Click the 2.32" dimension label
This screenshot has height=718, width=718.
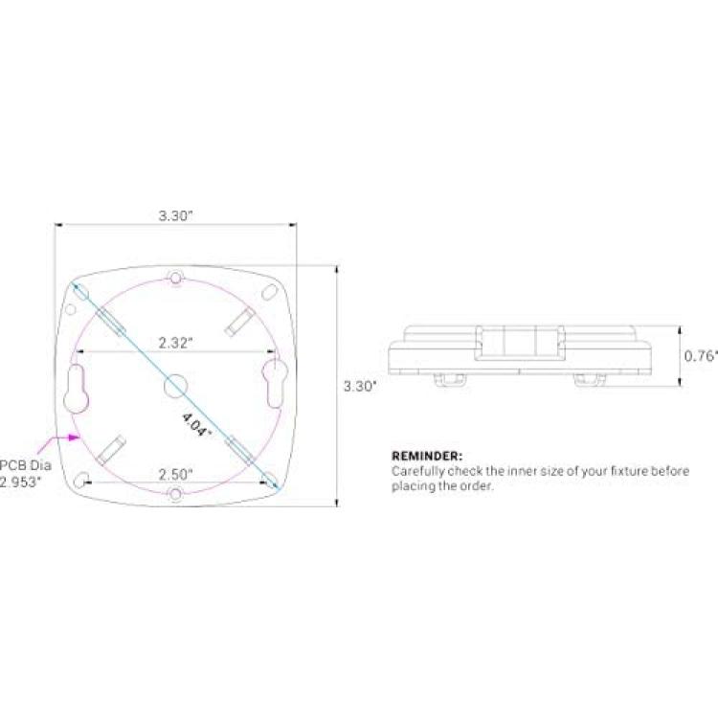(x=175, y=343)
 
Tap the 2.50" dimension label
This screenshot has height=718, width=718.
(x=175, y=475)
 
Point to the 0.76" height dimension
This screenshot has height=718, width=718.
(x=701, y=356)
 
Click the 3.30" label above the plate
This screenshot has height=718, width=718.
(x=175, y=215)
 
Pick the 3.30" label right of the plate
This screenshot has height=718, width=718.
(x=360, y=386)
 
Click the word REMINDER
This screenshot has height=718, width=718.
(x=427, y=456)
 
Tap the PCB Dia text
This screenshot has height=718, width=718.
(x=26, y=465)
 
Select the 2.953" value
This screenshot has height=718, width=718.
(x=20, y=482)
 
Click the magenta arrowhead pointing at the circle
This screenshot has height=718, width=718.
(x=74, y=438)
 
